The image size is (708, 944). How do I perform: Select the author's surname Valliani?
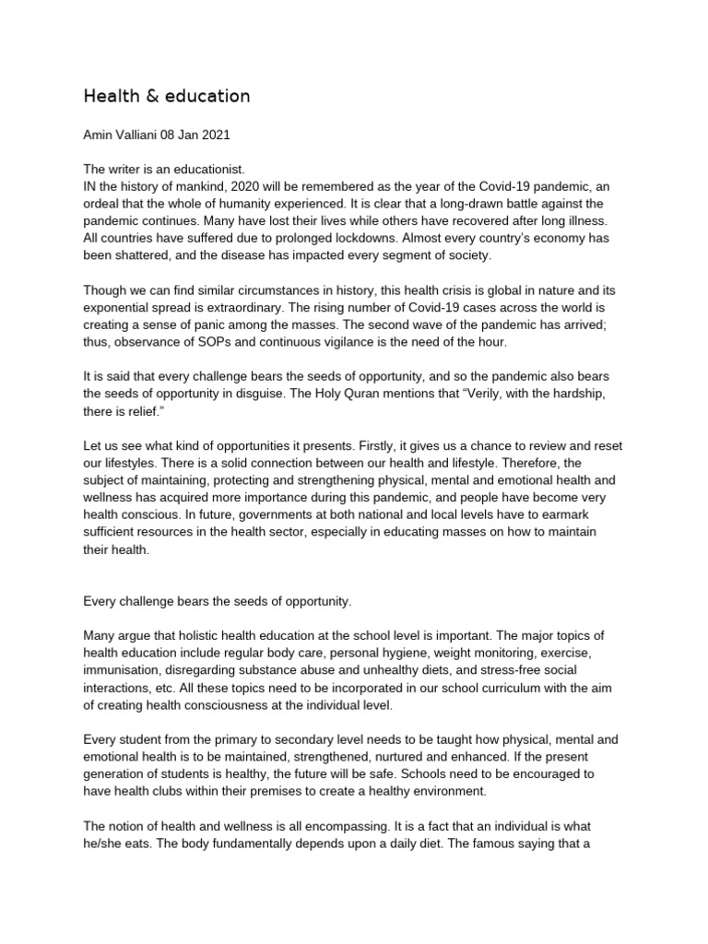pyautogui.click(x=142, y=135)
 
